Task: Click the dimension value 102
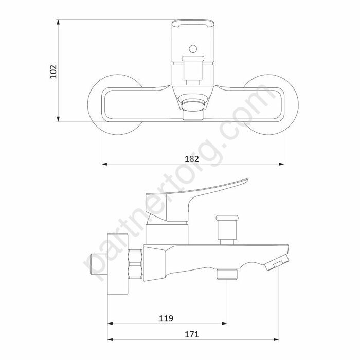[53, 71]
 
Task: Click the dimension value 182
[192, 159]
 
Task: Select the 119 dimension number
[166, 318]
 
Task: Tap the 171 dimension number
[192, 334]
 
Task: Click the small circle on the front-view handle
[193, 49]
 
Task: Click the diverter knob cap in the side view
[227, 218]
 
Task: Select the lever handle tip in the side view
[246, 180]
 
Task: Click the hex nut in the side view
[135, 264]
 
